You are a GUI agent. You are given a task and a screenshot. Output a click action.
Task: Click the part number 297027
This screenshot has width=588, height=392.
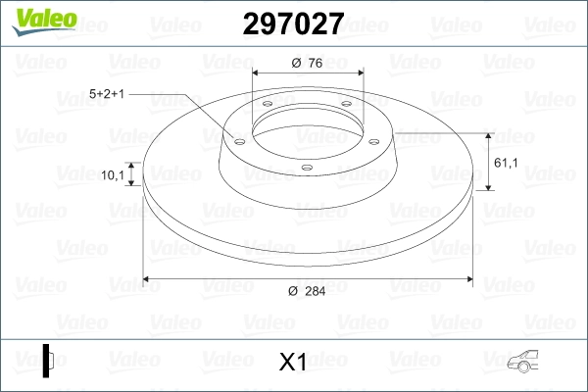coord(293,24)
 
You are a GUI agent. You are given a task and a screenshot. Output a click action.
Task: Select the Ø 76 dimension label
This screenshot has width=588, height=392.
coord(307,63)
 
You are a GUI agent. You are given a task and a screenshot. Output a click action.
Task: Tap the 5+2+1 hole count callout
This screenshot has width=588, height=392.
coord(107,94)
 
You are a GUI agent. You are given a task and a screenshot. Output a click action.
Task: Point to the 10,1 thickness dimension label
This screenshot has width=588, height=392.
coord(113,174)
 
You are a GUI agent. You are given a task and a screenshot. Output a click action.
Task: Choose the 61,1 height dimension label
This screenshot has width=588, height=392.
coord(506,163)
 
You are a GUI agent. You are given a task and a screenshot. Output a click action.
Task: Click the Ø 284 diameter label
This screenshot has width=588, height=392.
coord(307,291)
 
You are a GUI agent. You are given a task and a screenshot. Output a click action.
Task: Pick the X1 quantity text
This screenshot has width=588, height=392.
coord(292,362)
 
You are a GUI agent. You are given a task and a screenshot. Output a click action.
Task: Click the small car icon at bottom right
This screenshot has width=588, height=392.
coord(522,362)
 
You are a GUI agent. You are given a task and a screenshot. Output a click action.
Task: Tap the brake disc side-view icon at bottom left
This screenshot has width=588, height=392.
coord(48,361)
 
